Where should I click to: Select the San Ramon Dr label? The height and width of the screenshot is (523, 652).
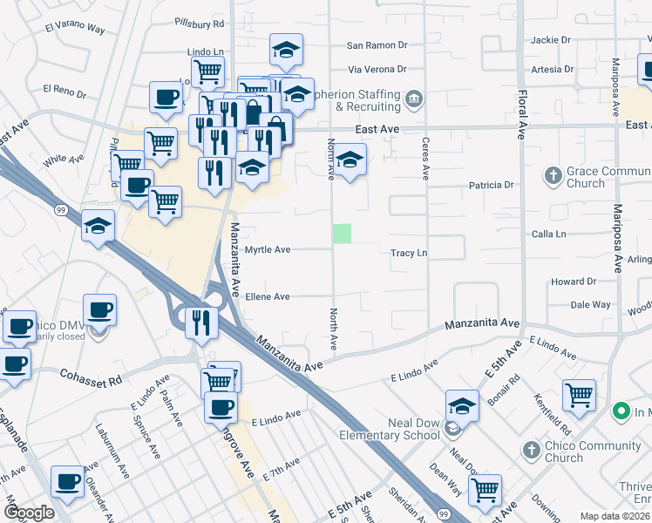pos(377,45)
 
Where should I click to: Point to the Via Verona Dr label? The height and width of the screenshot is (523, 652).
pos(377,69)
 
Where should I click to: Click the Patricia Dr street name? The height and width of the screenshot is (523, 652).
pos(492,185)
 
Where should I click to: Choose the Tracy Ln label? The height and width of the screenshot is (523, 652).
pos(409,253)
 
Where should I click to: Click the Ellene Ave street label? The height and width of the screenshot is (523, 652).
pos(267,296)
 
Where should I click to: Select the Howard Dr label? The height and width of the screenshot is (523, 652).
pos(573,282)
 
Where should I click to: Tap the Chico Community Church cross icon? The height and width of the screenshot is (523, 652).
pos(531,450)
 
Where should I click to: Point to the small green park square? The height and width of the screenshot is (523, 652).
pos(343,234)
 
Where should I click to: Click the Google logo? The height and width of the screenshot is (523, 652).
pos(29,513)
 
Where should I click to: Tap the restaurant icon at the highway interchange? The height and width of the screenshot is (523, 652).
pos(200,321)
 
